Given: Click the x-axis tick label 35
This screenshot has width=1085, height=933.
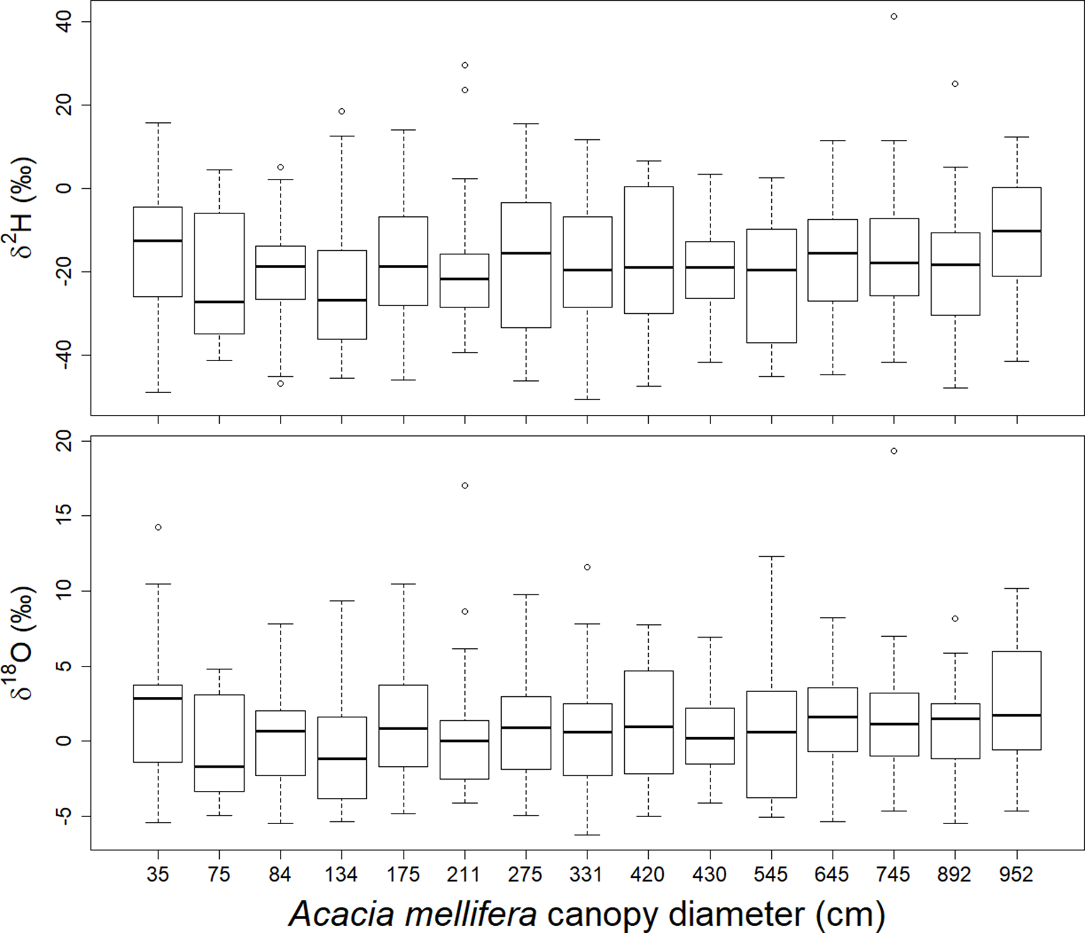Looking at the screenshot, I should pos(158,875).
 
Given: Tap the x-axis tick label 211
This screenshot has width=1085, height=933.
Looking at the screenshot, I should pos(464,875).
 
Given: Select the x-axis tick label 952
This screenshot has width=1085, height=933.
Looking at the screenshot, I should pos(1016,875).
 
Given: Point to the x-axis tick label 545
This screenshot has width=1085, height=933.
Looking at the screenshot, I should pos(771,875).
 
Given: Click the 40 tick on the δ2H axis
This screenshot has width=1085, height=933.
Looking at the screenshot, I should pos(64,22).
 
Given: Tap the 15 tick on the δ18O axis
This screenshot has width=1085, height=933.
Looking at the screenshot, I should pos(64,516).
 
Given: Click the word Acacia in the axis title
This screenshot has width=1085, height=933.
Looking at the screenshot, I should pos(341,913).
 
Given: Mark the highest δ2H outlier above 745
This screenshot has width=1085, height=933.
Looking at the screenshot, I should pos(894,16).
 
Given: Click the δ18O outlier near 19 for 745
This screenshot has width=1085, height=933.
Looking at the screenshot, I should pos(894,451).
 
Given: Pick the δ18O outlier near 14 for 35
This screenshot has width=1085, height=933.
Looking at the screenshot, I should pos(158,527).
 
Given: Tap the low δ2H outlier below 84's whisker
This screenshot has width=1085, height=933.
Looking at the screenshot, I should pos(281,384).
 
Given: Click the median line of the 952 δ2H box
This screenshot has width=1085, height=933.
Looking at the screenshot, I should pos(1016,230).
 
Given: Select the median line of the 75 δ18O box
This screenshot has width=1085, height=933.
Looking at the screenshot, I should pos(219,767).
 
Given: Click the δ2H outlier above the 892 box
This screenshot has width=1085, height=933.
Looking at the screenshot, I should pos(955,84).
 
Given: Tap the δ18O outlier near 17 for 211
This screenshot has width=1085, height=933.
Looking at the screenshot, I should pos(465,486).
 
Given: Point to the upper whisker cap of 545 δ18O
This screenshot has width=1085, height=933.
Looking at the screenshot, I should pos(771,557).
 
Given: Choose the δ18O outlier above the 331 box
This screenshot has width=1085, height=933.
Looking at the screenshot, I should pos(587,568).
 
